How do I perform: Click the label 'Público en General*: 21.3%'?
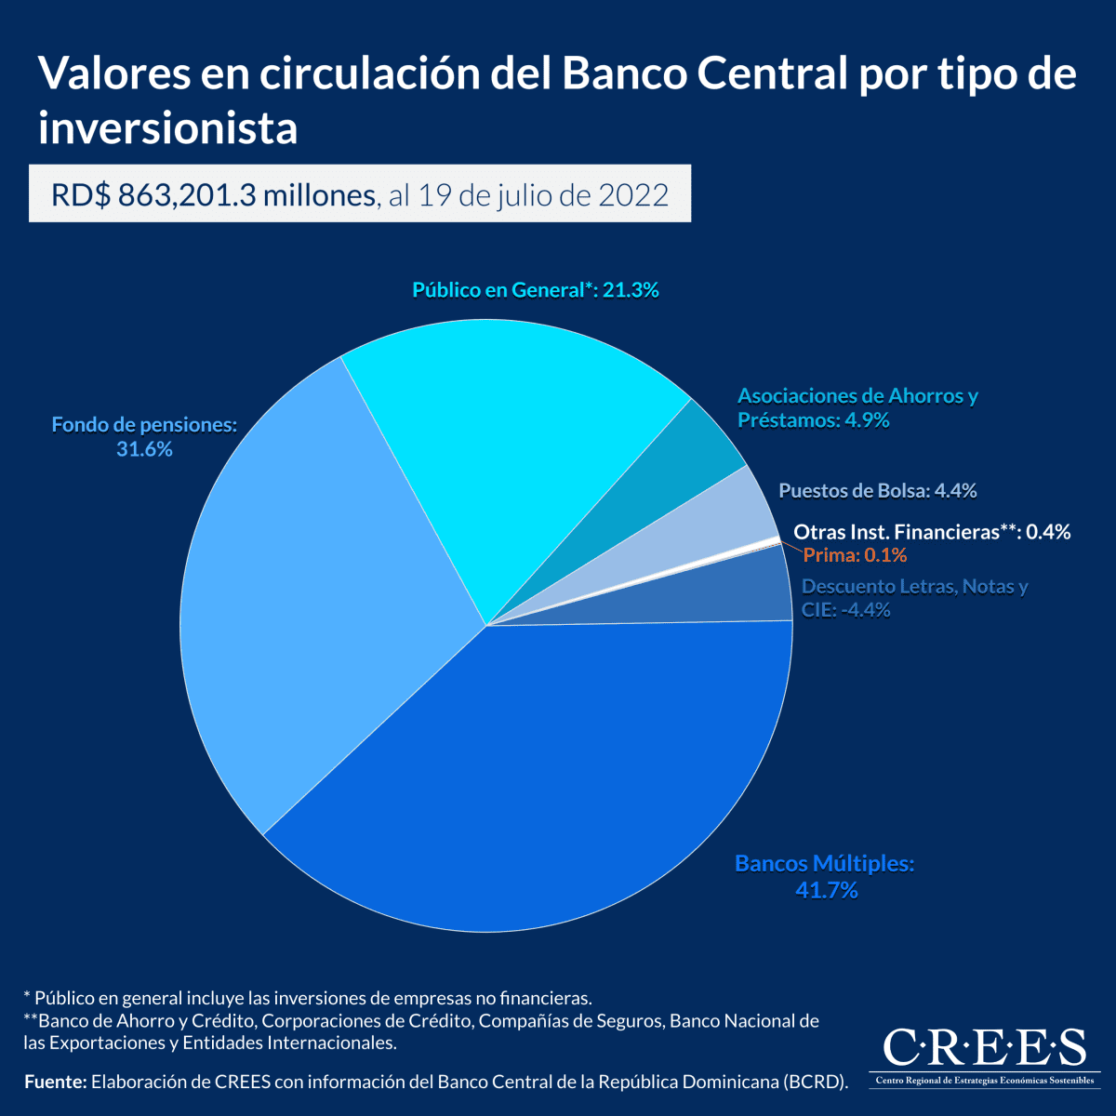coord(536,290)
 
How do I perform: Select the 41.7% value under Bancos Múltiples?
coord(826,891)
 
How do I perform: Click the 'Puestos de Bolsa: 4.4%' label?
coord(877,490)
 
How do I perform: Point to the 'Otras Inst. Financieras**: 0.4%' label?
coord(931,532)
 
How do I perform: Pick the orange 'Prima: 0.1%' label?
coord(855,555)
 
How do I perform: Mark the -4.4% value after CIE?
coord(865,611)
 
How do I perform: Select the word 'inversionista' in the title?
coord(168,127)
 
